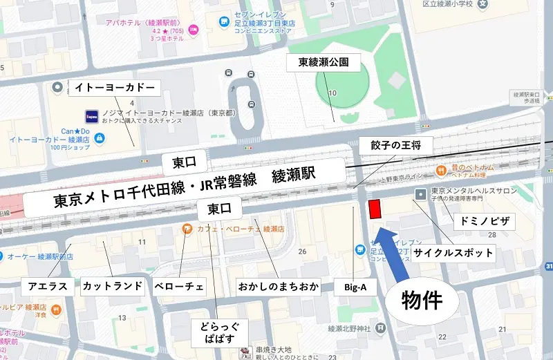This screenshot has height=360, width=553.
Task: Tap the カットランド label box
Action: (113, 285)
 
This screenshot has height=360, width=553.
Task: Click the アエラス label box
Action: (48, 285)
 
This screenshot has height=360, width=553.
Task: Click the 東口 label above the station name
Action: (185, 163)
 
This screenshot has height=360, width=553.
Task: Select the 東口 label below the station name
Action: (220, 207)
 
